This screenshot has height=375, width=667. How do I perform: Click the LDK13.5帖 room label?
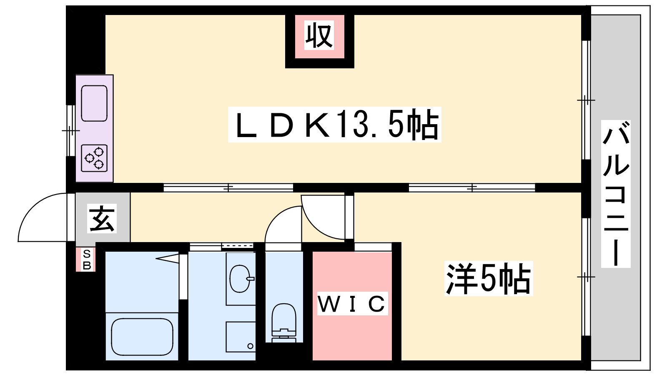click(x=334, y=125)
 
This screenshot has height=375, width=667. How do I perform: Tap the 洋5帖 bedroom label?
click(x=488, y=278)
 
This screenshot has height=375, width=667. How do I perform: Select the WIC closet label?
click(x=352, y=303)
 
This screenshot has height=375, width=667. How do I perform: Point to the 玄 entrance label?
click(x=102, y=218)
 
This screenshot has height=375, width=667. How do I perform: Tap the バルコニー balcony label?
click(x=615, y=194)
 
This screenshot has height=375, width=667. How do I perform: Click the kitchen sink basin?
click(x=94, y=103)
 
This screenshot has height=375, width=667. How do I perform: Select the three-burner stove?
click(x=94, y=158)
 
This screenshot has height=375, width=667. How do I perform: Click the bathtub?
click(x=142, y=337)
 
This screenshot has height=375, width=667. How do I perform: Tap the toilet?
click(x=284, y=322)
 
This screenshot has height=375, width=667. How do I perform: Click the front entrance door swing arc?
click(x=43, y=217)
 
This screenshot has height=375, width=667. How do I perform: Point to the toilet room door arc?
click(x=283, y=224)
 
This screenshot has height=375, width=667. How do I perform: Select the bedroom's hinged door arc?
click(x=323, y=217)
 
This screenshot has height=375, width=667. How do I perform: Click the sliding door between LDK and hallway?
click(x=228, y=188)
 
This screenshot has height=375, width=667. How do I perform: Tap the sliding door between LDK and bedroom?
click(x=472, y=188)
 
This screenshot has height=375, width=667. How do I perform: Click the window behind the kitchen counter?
click(x=71, y=130)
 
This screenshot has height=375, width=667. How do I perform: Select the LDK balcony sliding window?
click(x=586, y=100)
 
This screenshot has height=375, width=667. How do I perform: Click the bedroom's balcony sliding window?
click(x=586, y=277)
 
